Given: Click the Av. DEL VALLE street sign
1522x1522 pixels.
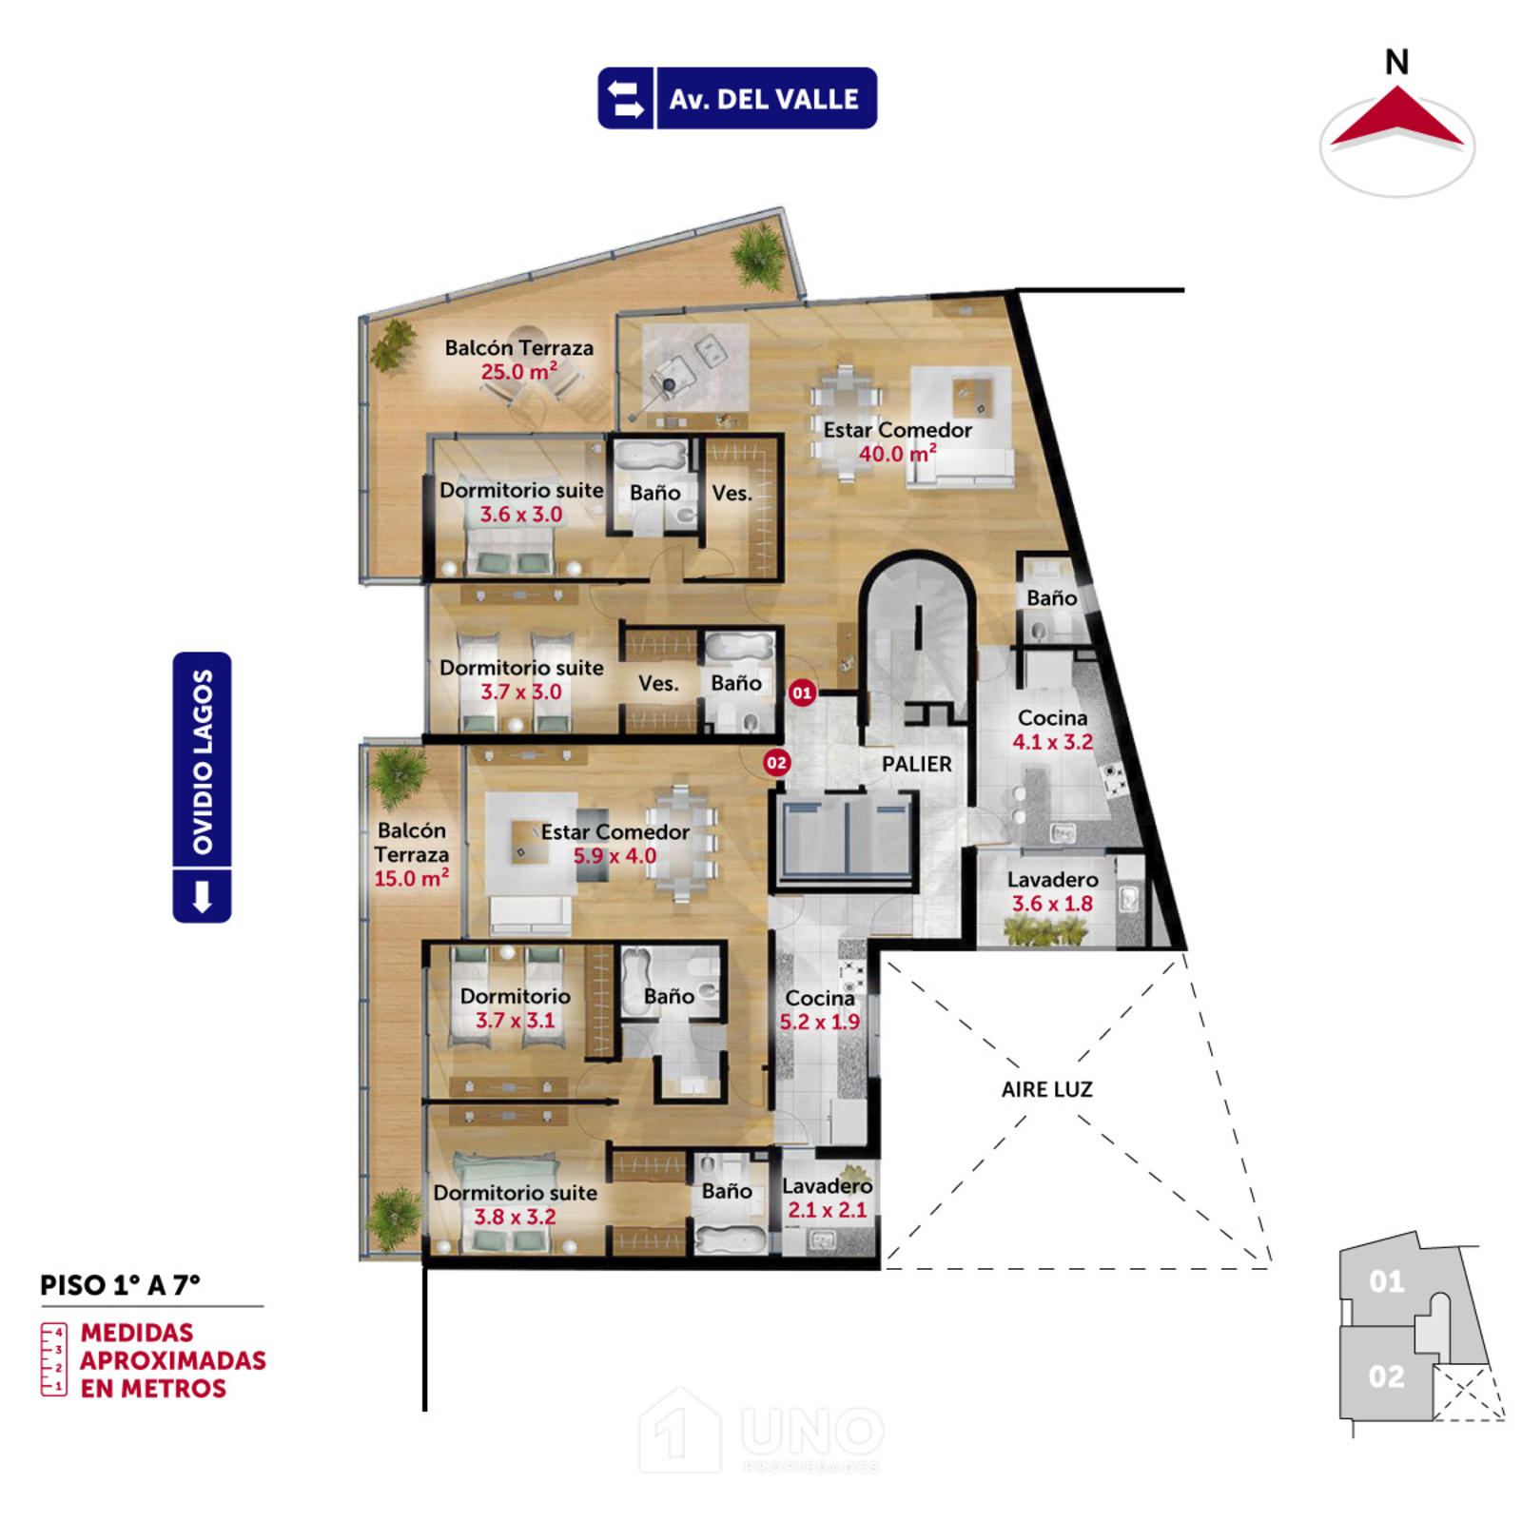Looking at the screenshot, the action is coord(737,98).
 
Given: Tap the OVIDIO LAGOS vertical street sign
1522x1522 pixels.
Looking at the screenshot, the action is coord(202,787).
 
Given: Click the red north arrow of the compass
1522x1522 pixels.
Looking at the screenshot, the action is coord(1396,118).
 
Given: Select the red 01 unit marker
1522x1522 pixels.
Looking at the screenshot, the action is coord(802,693).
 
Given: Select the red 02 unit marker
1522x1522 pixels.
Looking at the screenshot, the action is coord(777,762).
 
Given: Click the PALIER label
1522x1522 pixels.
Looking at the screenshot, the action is coord(916,764).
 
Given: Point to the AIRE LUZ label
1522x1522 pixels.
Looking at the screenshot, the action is coord(1046,1089).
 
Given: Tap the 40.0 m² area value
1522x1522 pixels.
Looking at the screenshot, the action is coord(897,454).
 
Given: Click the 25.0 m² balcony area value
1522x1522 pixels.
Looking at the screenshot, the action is coord(518,371).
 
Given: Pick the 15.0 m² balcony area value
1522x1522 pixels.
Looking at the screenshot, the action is coord(411,878).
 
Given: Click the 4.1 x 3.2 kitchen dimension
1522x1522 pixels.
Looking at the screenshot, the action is coord(1052,742).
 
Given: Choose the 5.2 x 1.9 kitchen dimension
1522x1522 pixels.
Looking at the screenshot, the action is coord(819,1022).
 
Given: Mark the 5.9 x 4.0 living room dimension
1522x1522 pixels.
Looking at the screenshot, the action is coord(615,855).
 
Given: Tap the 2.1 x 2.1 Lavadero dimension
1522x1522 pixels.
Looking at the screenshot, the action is coord(827,1210).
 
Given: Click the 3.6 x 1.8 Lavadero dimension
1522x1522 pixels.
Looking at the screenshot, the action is coord(1052,904).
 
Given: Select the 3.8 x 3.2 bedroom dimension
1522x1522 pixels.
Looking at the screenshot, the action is coord(515,1217).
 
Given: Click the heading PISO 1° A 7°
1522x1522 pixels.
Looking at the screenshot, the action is coord(120,1285).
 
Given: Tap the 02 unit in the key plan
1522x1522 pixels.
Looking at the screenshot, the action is coord(1386,1376).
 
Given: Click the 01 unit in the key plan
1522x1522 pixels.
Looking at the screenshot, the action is coord(1386,1281).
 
